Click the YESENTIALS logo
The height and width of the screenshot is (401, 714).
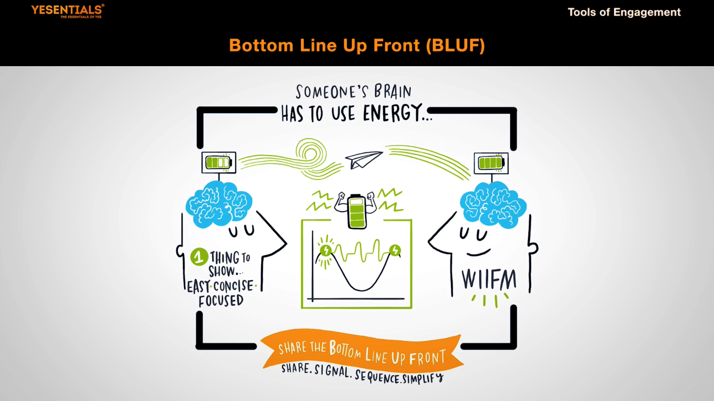[67, 10]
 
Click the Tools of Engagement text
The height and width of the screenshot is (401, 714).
[624, 12]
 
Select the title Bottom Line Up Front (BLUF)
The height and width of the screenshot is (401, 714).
[356, 45]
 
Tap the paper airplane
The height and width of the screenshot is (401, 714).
[364, 160]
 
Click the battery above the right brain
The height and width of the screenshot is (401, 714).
[490, 163]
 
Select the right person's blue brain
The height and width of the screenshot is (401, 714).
[493, 204]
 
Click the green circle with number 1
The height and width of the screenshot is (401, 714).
[199, 257]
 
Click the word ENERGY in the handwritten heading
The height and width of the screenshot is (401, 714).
[397, 114]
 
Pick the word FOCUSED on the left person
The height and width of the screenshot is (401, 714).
[221, 300]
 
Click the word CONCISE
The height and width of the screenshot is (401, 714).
[233, 286]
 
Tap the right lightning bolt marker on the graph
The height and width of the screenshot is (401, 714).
[395, 250]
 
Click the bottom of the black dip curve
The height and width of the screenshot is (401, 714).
[360, 290]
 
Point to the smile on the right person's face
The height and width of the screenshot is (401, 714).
[478, 252]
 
